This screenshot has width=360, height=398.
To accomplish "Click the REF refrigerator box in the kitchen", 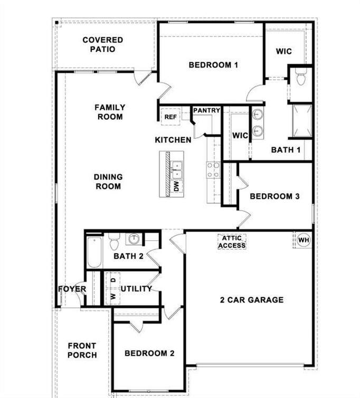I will (170, 117).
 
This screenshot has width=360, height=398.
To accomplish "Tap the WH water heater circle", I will (303, 240).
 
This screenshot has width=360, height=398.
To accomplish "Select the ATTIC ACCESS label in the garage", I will (232, 242).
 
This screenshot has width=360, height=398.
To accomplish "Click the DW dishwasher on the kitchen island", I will (176, 186).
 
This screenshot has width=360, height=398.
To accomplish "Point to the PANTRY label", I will (206, 110).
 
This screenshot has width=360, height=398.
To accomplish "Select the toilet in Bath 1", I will (301, 78).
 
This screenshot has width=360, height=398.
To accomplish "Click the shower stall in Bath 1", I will (302, 121).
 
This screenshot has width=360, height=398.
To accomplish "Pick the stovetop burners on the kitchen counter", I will (213, 170).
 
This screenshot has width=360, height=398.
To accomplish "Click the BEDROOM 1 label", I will (213, 65).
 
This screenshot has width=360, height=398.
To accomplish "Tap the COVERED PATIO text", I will (103, 44).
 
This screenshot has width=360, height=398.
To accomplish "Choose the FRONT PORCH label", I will (82, 350).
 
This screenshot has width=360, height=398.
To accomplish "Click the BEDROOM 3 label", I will (274, 196).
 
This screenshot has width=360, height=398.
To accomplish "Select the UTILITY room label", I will (136, 289).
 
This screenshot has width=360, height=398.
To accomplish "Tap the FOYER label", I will (72, 289).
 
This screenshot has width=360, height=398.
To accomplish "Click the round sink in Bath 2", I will (134, 239).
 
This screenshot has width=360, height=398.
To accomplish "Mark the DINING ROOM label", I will (108, 182).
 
